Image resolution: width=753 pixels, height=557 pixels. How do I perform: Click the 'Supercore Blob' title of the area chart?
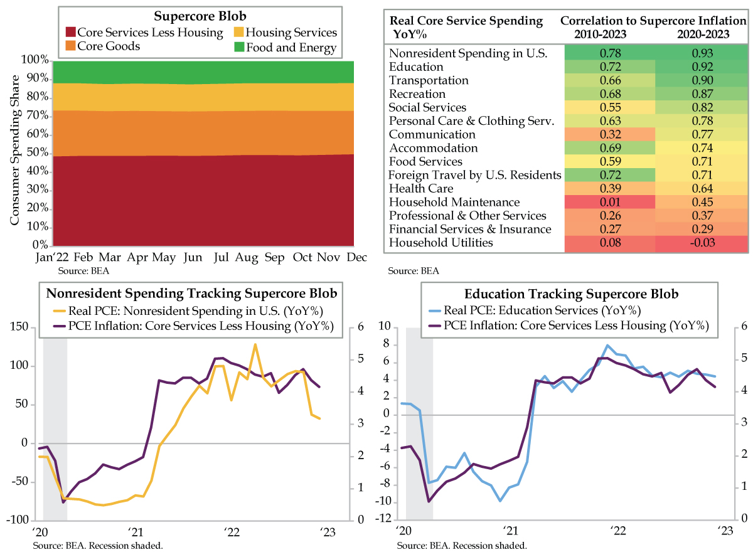[x=200, y=16]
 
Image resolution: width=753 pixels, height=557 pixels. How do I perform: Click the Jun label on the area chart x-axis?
[x=192, y=258]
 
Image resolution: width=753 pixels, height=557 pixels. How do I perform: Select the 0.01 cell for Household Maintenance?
[x=609, y=202]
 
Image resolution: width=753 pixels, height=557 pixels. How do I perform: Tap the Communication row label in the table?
[x=432, y=134]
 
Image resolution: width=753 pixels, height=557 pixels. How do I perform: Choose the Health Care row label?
[x=420, y=188]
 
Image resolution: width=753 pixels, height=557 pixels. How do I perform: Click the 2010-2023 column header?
[x=609, y=34]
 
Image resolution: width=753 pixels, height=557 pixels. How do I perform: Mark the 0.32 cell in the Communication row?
[x=609, y=134]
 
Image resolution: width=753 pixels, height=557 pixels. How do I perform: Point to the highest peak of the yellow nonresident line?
[x=255, y=344]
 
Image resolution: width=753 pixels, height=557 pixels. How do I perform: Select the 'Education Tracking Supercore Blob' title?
[x=571, y=294]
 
